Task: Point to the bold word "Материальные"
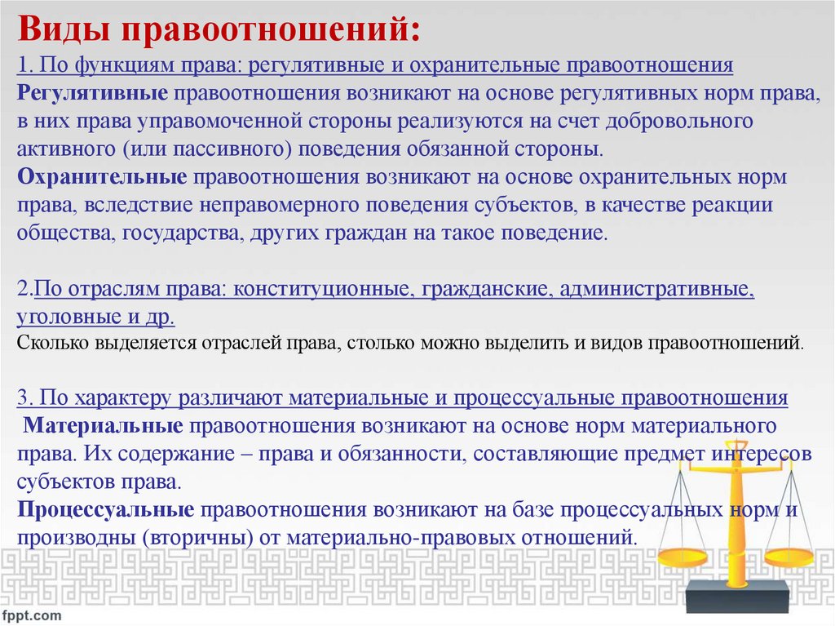coord(102,425)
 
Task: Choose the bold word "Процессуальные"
coord(105,510)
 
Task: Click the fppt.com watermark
coord(32,612)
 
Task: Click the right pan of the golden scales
coord(788,558)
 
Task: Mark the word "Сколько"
coord(52,342)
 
